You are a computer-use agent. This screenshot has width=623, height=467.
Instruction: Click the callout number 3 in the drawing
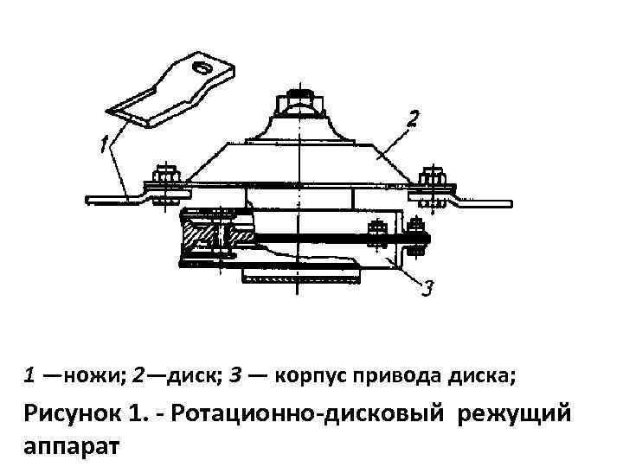click(427, 286)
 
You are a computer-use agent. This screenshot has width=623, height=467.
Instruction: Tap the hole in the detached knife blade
click(202, 67)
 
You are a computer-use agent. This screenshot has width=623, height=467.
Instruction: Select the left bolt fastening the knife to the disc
click(165, 177)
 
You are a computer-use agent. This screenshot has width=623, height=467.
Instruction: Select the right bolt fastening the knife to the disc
click(428, 177)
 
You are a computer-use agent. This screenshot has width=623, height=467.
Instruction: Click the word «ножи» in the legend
click(94, 376)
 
